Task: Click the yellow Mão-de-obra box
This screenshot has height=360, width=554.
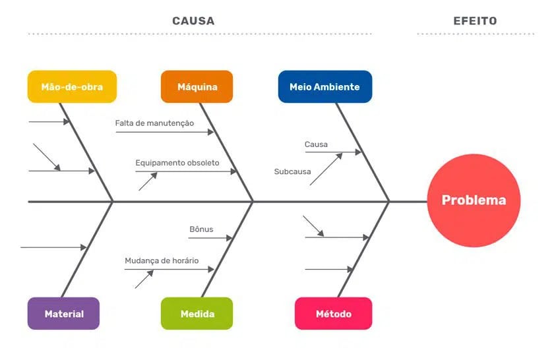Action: pos(72,87)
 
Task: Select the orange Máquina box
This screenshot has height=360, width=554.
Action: pos(197,87)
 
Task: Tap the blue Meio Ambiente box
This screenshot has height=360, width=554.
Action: pos(324,87)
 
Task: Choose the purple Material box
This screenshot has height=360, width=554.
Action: pos(64,314)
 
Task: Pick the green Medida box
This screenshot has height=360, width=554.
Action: pos(197,314)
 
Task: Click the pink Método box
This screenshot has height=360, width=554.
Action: pos(333,314)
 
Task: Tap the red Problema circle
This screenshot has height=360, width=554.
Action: pos(474,200)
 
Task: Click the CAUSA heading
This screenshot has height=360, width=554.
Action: pos(193,21)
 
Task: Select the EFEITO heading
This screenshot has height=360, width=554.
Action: pos(475,21)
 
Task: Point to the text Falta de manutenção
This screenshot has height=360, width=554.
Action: pos(154,123)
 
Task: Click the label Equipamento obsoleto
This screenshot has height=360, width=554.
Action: pos(177,162)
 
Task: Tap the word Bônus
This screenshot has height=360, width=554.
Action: pos(201,229)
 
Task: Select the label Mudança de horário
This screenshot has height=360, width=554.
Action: pos(162,260)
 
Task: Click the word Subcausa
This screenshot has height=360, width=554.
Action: pos(292,171)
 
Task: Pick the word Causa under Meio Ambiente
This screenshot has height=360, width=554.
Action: pos(316,144)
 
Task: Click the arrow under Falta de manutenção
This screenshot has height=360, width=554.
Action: pos(165,132)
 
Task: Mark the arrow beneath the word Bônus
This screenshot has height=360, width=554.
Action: pos(211,238)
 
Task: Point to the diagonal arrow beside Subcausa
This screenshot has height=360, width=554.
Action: pos(326,169)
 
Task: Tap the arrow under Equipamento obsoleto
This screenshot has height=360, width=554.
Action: pos(186,171)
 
